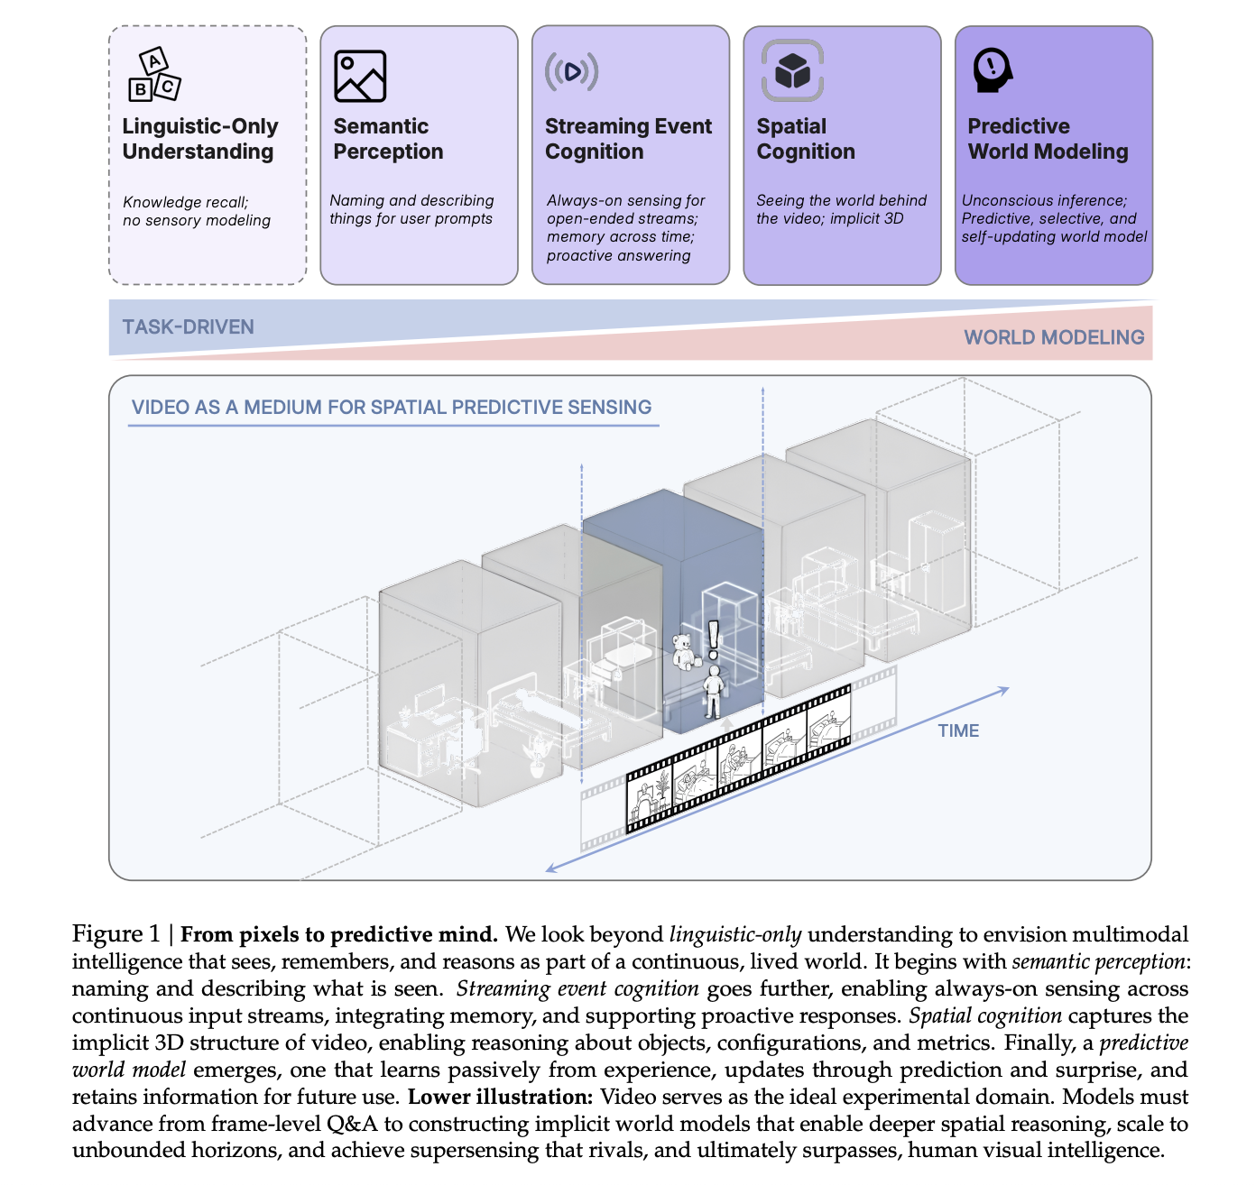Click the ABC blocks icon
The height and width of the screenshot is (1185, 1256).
pyautogui.click(x=154, y=75)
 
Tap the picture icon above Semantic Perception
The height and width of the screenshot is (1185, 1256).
pyautogui.click(x=360, y=76)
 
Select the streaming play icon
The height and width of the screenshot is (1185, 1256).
pyautogui.click(x=571, y=71)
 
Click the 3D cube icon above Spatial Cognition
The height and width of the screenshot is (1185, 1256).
pyautogui.click(x=792, y=70)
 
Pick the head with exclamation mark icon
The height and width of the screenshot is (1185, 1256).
pyautogui.click(x=992, y=69)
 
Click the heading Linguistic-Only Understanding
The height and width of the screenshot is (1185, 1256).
pyautogui.click(x=199, y=139)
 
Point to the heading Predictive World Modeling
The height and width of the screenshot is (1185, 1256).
pyautogui.click(x=1048, y=139)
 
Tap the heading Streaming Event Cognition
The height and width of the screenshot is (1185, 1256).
pyautogui.click(x=628, y=139)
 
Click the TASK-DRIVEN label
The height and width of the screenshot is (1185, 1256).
pyautogui.click(x=188, y=326)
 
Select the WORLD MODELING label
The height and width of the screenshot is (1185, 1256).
pyautogui.click(x=1053, y=337)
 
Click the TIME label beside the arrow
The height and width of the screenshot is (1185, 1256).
pyautogui.click(x=958, y=730)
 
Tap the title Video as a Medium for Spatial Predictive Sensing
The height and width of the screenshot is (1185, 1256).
pyautogui.click(x=392, y=407)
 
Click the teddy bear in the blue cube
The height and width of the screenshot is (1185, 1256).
pyautogui.click(x=684, y=650)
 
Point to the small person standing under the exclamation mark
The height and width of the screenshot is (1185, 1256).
pyautogui.click(x=714, y=692)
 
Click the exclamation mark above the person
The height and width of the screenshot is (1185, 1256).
pyautogui.click(x=714, y=638)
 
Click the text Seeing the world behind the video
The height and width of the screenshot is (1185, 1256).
pyautogui.click(x=841, y=209)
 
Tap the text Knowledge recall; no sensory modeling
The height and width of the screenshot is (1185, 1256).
pyautogui.click(x=196, y=211)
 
